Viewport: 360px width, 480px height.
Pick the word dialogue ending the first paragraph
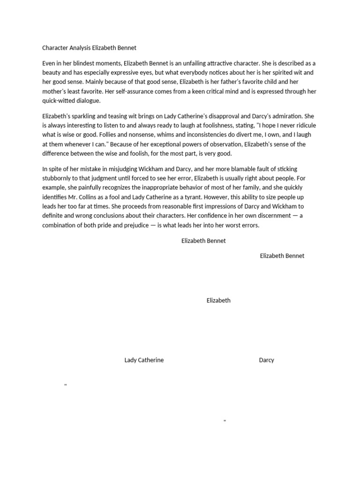[88, 100]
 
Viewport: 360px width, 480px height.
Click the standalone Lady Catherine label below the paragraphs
[144, 360]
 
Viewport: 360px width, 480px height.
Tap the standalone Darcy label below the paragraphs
[266, 360]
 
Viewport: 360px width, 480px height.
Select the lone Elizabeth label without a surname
[218, 300]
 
